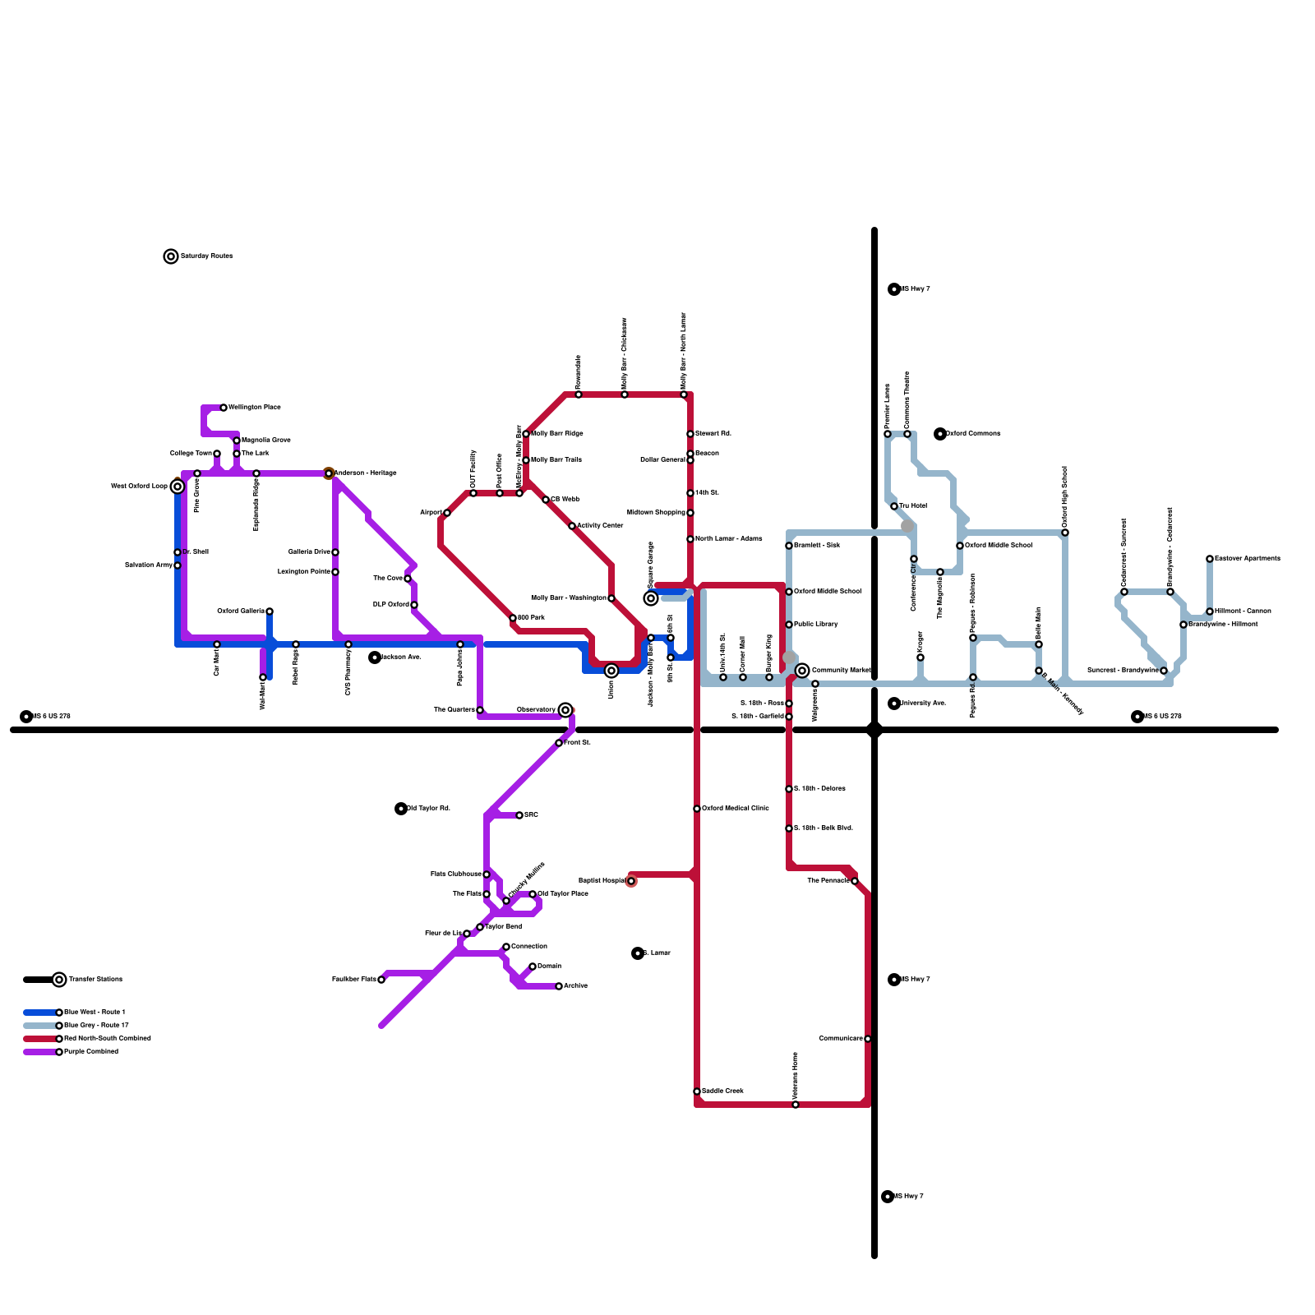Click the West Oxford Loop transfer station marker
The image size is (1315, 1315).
point(178,487)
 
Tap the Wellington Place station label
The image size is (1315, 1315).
point(255,408)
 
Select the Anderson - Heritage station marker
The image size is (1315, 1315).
point(329,473)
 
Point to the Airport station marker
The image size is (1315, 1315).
point(447,513)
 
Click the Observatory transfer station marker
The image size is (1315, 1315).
point(565,710)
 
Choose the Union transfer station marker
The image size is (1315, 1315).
point(611,671)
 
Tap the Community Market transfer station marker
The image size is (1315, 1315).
point(802,671)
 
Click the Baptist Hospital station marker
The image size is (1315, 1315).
point(631,881)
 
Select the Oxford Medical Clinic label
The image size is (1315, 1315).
point(736,809)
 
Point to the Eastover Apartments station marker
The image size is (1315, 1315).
point(1210,559)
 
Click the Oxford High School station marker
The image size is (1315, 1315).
point(1065,533)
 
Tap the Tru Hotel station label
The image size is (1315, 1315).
point(913,506)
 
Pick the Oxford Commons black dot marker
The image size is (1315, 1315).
point(940,434)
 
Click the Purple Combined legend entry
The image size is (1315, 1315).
point(91,1052)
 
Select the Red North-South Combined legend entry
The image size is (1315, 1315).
point(108,1039)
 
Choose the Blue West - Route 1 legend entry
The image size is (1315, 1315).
point(95,1013)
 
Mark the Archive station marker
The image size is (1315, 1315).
point(559,986)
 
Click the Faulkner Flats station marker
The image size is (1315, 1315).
point(381,980)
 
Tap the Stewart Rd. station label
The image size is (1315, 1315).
point(713,434)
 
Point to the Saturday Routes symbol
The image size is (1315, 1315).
point(171,256)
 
